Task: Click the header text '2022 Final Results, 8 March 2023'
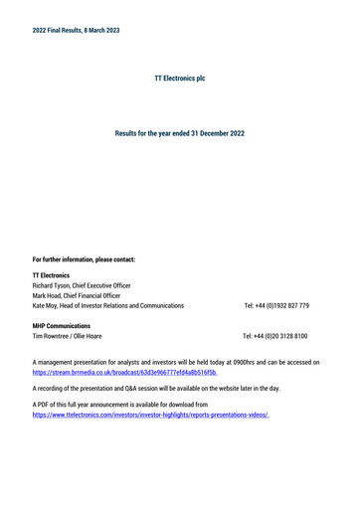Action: click(x=76, y=30)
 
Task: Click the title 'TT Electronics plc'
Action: click(x=180, y=77)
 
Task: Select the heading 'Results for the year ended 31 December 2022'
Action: click(x=180, y=132)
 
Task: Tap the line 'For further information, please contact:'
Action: click(x=84, y=259)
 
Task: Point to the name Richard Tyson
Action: click(x=54, y=284)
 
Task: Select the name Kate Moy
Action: click(x=47, y=306)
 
